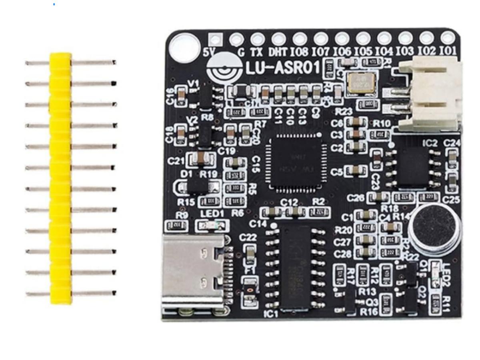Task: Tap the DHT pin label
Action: (278, 52)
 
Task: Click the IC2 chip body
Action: (414, 166)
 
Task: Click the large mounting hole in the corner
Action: (184, 47)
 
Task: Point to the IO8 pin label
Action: (300, 52)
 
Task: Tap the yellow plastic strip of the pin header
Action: (60, 178)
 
